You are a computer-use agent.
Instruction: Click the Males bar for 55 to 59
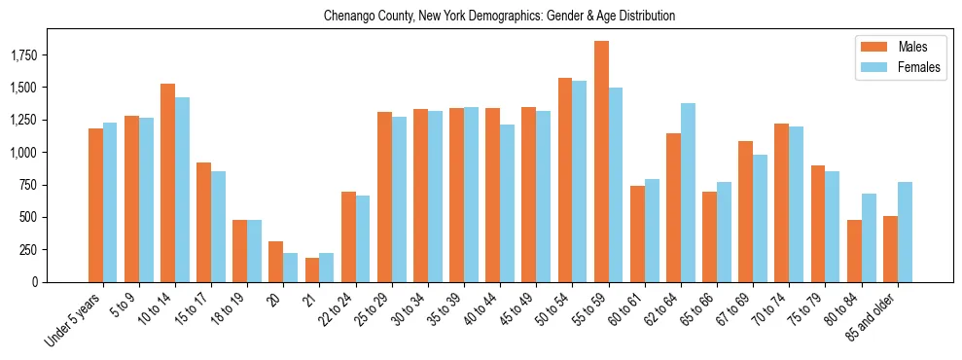[601, 162]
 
